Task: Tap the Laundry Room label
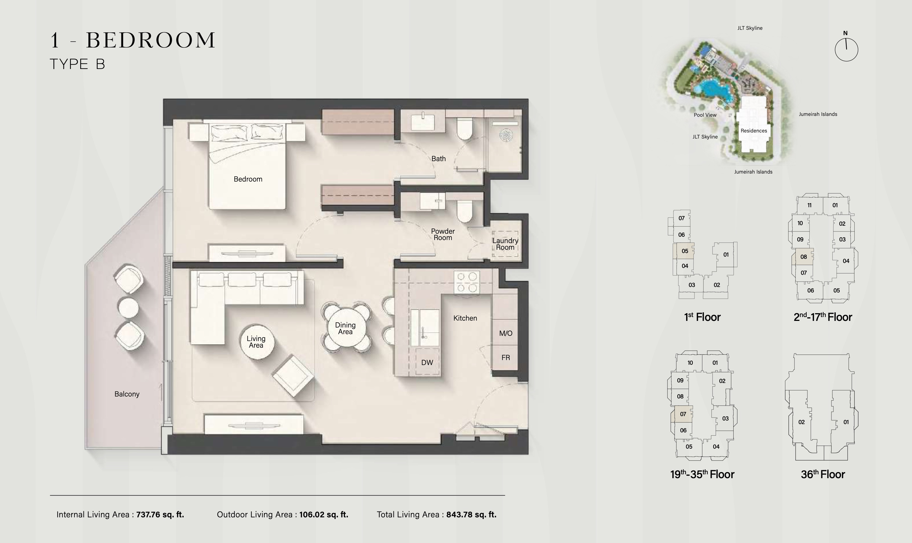[x=505, y=244]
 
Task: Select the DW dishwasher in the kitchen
[x=427, y=362]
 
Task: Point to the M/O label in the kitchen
[x=506, y=333]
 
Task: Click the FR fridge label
[x=506, y=358]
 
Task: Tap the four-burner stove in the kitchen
[x=467, y=282]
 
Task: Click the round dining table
[x=345, y=328]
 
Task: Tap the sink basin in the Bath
[x=423, y=123]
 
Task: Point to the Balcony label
[x=127, y=394]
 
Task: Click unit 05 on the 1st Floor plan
[x=684, y=251]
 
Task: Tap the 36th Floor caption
[x=823, y=474]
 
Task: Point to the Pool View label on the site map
[x=705, y=115]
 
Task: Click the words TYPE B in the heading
[x=77, y=64]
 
